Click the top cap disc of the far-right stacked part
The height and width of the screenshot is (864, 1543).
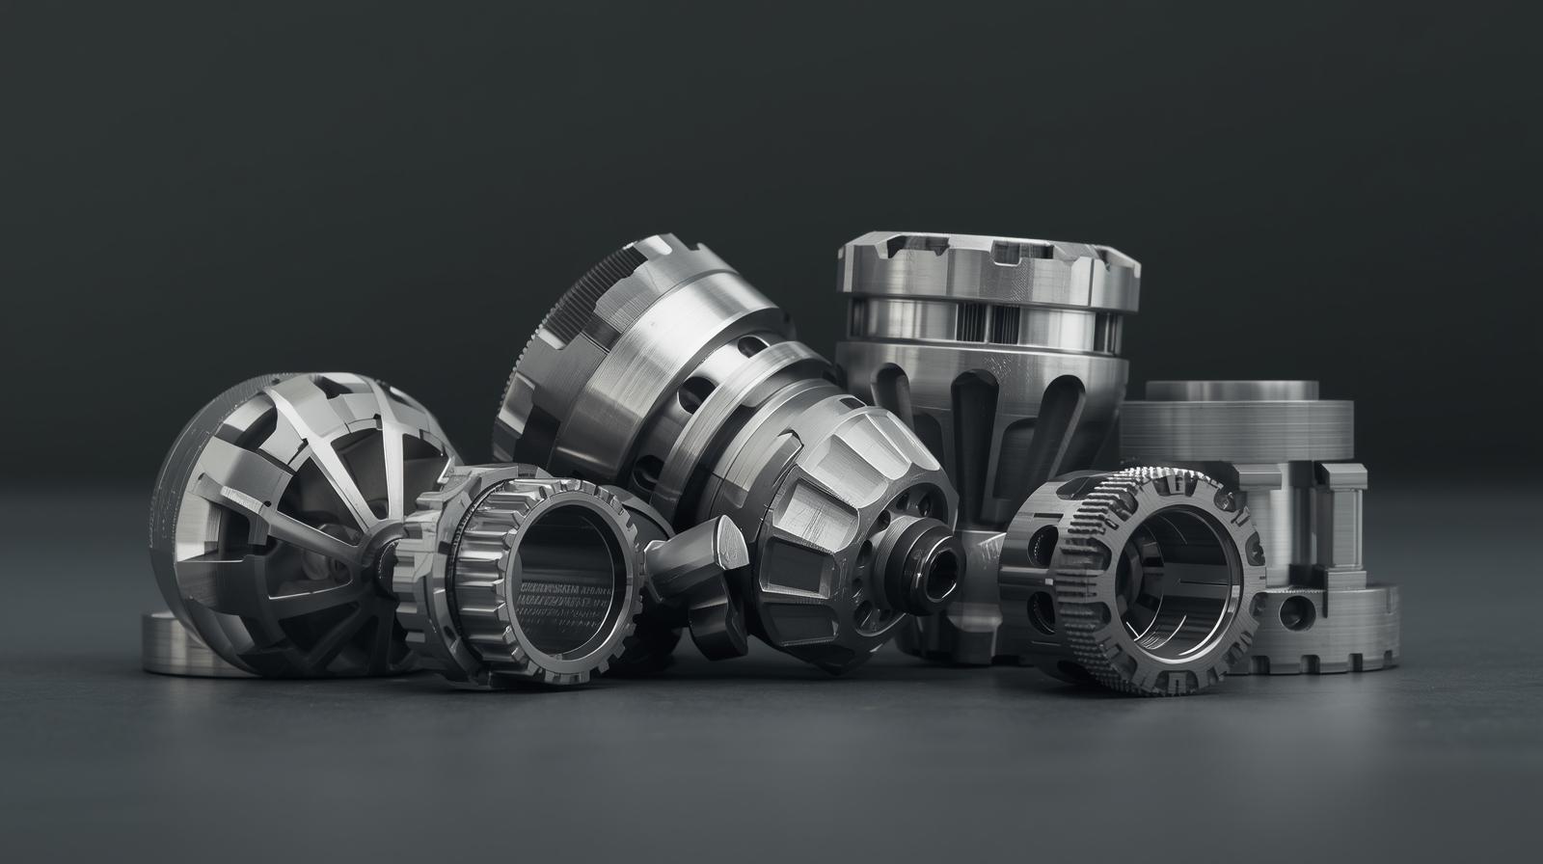(1232, 390)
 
